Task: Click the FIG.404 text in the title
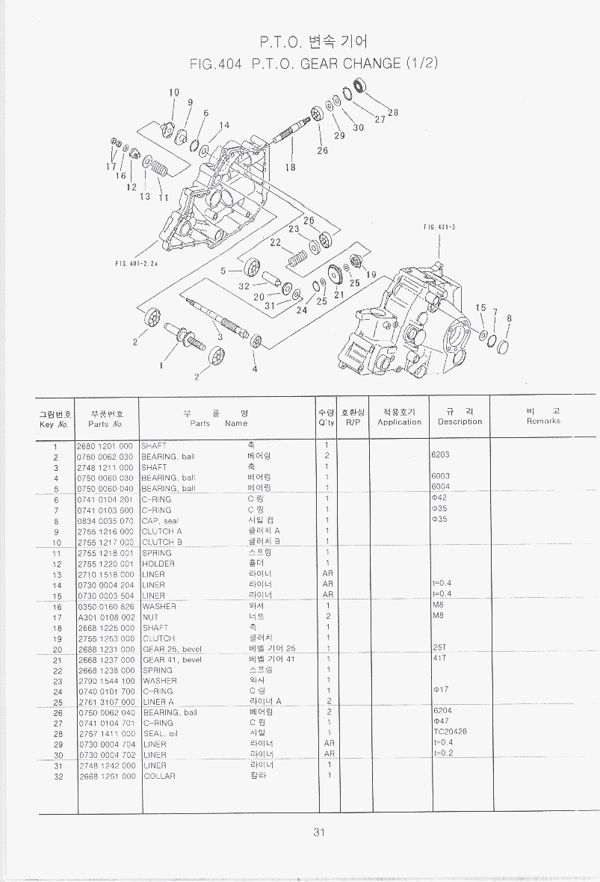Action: click(216, 64)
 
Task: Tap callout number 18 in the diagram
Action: click(290, 167)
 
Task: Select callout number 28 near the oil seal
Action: click(392, 113)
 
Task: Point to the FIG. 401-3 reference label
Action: click(439, 226)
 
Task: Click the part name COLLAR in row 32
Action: click(158, 776)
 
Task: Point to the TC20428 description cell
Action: click(448, 733)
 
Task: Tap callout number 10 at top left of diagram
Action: click(173, 93)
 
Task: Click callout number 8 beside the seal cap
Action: click(509, 318)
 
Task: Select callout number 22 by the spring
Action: click(275, 242)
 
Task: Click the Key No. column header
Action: click(55, 417)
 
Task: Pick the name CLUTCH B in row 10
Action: click(162, 542)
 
